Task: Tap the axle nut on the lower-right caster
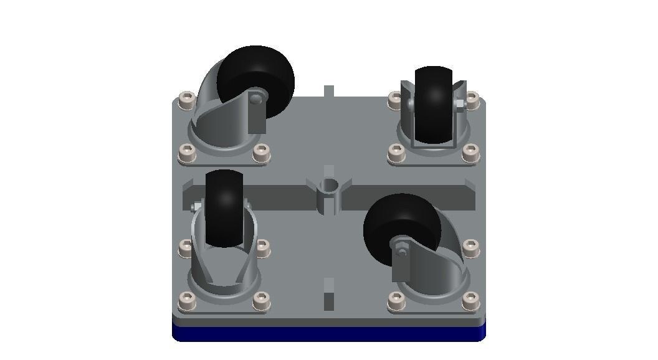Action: tap(401, 252)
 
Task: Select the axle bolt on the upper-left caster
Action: tap(255, 98)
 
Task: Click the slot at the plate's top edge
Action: tap(329, 91)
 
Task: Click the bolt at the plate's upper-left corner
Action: tap(185, 100)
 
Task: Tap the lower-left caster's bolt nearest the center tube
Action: tap(261, 249)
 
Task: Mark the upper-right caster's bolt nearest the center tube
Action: tap(395, 151)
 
